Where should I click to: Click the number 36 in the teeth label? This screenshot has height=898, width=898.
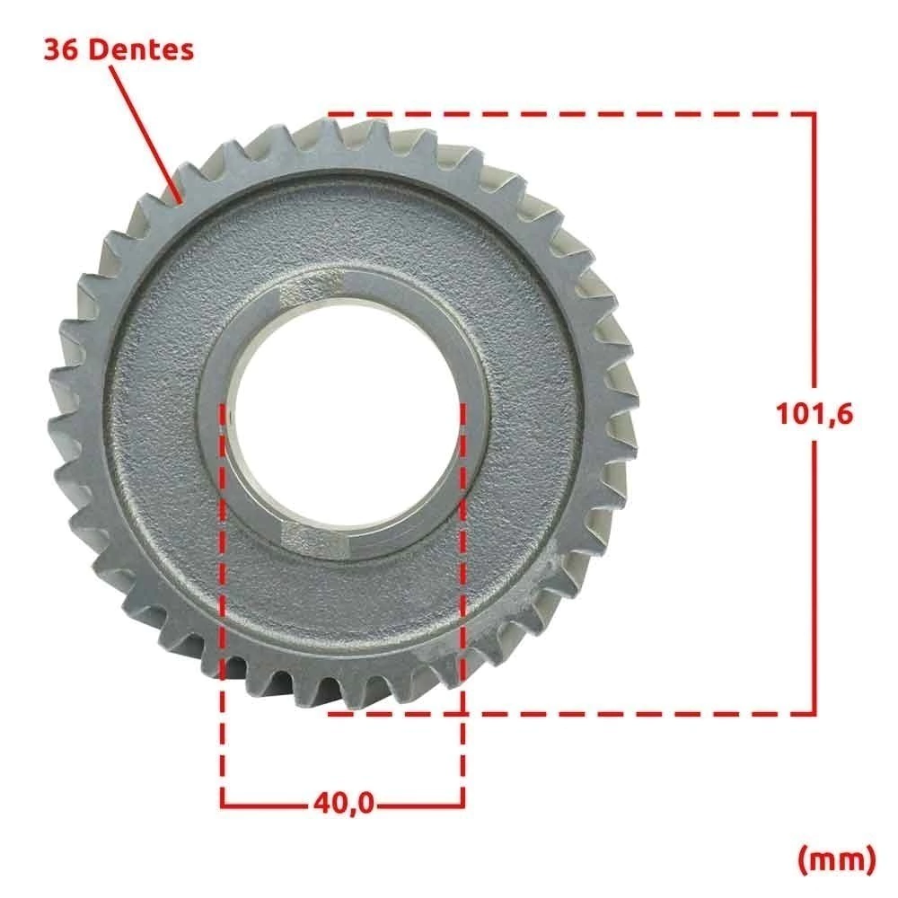61,50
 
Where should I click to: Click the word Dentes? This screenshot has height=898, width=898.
142,49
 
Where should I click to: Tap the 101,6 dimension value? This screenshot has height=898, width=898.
814,413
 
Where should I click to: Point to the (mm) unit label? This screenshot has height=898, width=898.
837,859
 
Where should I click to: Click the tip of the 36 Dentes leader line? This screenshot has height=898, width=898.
181,202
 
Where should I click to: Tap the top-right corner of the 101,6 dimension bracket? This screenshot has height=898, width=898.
814,115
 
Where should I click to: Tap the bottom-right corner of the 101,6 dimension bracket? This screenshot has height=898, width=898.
814,714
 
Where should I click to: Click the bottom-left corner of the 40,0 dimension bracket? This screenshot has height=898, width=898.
223,805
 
